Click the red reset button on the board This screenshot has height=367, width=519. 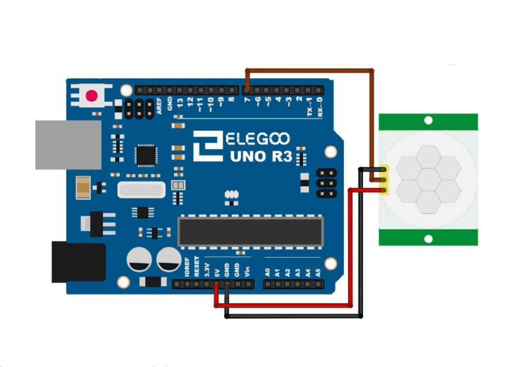[x=92, y=96]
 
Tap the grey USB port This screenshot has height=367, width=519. [x=68, y=145]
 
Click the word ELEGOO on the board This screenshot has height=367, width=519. [x=258, y=139]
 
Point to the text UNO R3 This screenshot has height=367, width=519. [x=261, y=157]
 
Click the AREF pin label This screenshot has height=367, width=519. [x=159, y=106]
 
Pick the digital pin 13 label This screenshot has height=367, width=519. [x=180, y=103]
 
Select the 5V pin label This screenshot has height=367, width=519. [x=217, y=273]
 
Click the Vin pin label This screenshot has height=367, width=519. [x=247, y=272]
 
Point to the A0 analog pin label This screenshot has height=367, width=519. [x=268, y=272]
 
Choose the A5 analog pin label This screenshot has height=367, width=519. [x=318, y=272]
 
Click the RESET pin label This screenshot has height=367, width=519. [x=197, y=266]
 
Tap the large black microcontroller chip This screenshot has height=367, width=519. [x=250, y=231]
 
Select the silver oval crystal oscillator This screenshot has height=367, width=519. [x=141, y=190]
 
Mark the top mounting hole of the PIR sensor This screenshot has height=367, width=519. [x=428, y=121]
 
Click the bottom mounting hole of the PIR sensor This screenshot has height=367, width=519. [x=428, y=239]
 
